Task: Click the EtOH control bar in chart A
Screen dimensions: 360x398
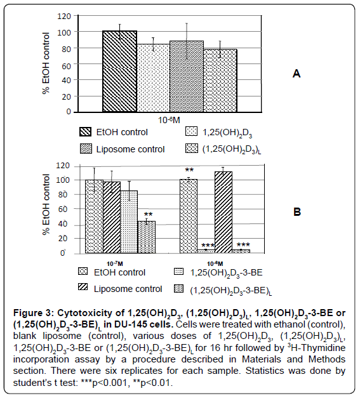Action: click(119, 71)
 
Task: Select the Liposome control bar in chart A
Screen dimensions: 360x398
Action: click(187, 76)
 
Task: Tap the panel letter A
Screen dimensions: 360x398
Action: click(297, 74)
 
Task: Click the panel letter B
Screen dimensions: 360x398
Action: click(297, 211)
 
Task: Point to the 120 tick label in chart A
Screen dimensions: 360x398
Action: click(63, 17)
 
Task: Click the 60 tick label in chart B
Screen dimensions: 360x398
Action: click(63, 209)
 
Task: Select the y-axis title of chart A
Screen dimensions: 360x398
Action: click(46, 63)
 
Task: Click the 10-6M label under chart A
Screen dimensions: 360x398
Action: click(169, 120)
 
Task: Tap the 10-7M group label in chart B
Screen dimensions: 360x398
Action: click(115, 263)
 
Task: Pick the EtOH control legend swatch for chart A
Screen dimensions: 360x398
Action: click(85, 132)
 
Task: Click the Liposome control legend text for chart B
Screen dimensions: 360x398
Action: click(128, 289)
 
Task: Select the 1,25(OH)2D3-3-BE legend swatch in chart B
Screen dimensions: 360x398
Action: click(179, 272)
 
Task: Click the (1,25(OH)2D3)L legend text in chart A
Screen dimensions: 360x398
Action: click(232, 150)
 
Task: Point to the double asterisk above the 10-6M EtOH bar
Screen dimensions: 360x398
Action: click(189, 170)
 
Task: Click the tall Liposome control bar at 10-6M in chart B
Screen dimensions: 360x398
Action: click(223, 212)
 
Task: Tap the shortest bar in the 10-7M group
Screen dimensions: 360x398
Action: click(147, 237)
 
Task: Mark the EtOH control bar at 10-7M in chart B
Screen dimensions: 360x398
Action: click(94, 216)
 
